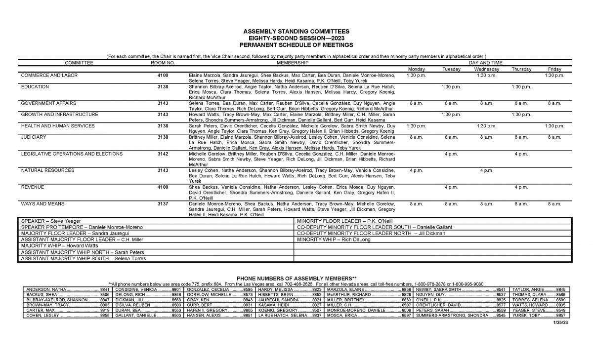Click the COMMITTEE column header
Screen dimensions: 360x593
click(79, 63)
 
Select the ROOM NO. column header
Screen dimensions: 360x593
click(163, 63)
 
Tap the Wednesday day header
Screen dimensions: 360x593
click(486, 69)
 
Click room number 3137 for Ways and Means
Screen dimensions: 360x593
click(163, 203)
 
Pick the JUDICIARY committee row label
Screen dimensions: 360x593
click(35, 137)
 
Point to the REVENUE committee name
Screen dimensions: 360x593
click(32, 187)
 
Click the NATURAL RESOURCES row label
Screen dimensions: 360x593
click(48, 170)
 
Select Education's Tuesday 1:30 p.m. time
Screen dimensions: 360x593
click(451, 86)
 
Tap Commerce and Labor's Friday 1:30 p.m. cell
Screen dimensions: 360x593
click(554, 75)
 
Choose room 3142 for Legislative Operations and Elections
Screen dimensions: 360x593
click(163, 154)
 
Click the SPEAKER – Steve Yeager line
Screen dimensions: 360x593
click(51, 221)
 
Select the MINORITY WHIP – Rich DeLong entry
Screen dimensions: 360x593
click(327, 240)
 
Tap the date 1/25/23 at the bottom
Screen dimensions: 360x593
click(561, 322)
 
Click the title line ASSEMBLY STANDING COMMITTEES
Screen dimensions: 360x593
click(296, 31)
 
